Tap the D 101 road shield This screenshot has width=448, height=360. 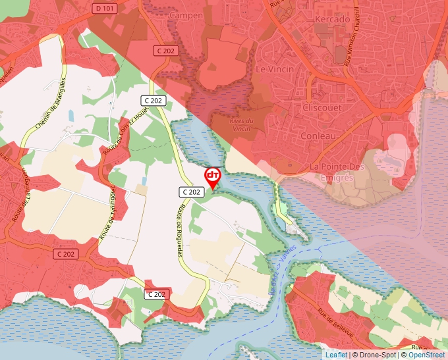[105, 9]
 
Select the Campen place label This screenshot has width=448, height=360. [186, 15]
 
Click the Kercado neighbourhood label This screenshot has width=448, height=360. [333, 19]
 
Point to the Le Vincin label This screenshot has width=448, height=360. [271, 68]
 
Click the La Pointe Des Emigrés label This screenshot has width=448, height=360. [336, 172]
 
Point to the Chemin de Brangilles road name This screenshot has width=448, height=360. [52, 105]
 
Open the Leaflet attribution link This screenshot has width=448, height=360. [337, 355]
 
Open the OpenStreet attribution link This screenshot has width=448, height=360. [426, 355]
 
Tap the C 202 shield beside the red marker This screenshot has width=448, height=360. [191, 192]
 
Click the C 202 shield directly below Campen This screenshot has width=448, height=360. [167, 50]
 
